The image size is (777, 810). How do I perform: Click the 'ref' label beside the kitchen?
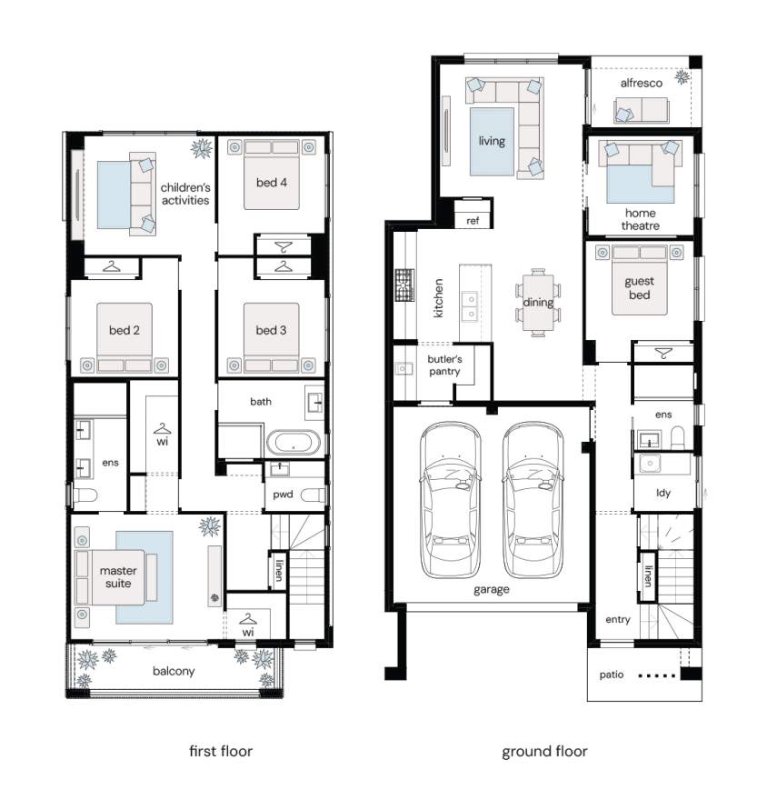tap(473, 221)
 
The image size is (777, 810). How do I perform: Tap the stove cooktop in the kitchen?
tap(404, 285)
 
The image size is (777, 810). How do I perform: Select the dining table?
tap(539, 302)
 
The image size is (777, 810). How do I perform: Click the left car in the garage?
tap(450, 500)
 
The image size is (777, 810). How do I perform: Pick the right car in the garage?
tap(533, 500)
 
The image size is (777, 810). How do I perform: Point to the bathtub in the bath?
tap(294, 443)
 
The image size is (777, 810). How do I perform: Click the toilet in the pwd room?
tap(313, 495)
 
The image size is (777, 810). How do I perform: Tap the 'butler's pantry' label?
tap(444, 365)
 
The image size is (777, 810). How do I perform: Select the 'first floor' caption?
tap(221, 751)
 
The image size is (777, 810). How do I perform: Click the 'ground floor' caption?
tap(544, 751)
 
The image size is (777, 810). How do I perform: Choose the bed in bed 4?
tap(272, 175)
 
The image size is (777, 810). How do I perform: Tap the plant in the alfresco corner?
tap(683, 77)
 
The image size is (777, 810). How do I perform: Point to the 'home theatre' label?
tap(640, 219)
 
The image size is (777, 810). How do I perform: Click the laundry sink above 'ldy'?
tap(650, 464)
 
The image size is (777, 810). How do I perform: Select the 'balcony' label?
tap(174, 671)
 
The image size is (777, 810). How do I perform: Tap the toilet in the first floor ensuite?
tap(85, 496)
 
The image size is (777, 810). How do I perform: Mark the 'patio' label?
tap(612, 675)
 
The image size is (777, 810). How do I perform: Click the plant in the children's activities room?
tap(202, 148)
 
